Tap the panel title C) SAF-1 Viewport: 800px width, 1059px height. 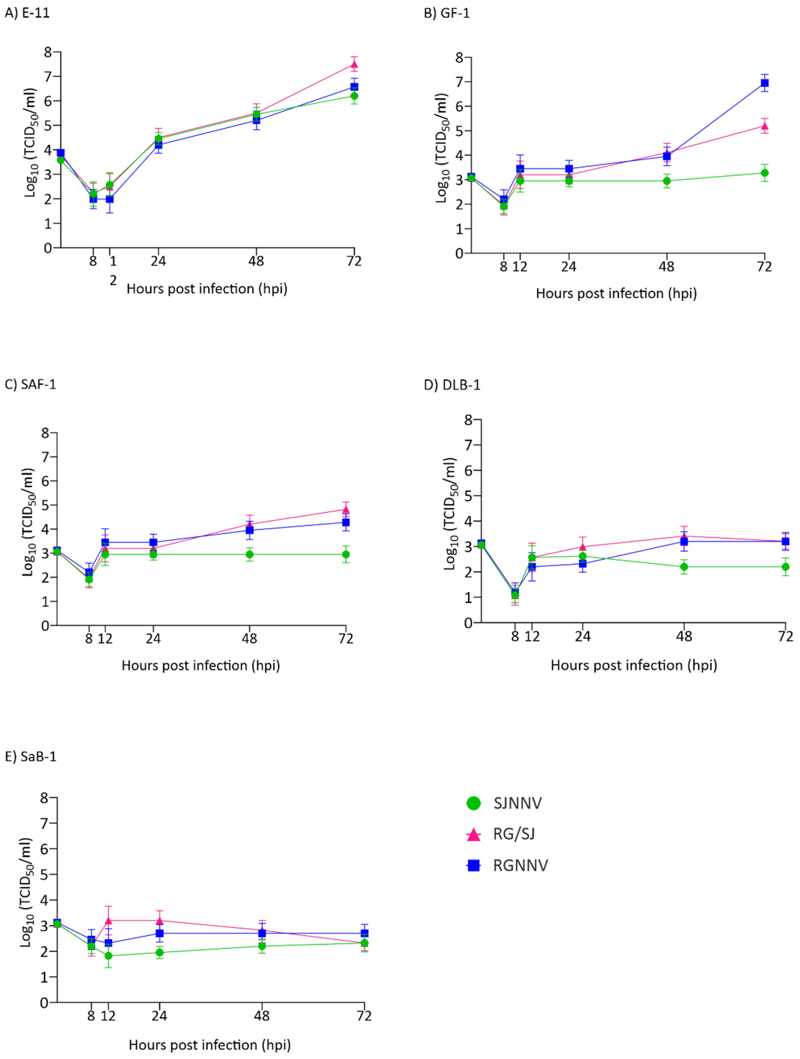[x=30, y=385]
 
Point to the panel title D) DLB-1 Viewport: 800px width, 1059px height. [x=451, y=385]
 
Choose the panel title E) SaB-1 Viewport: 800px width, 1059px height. [x=30, y=756]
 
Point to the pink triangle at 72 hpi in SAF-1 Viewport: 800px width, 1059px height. [x=346, y=509]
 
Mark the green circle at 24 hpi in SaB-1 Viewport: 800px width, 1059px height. [x=159, y=952]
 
